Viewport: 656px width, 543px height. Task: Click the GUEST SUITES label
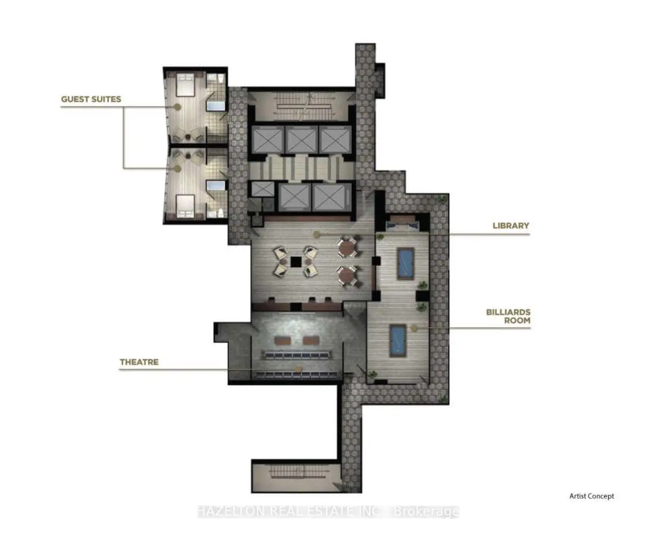tap(91, 99)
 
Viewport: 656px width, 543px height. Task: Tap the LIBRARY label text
tap(511, 226)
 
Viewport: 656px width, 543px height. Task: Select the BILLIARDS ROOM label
tap(508, 316)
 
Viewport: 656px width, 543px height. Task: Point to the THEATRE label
tap(139, 362)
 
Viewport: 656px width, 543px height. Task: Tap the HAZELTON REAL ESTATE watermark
tap(328, 511)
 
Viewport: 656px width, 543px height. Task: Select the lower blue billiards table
tap(398, 341)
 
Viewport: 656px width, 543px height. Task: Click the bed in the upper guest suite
tap(186, 84)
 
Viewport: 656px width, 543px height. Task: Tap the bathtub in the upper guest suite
tap(216, 105)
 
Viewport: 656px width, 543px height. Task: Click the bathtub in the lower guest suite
tap(216, 186)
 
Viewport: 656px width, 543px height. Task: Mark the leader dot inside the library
tap(316, 234)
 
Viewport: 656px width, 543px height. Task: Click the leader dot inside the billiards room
tap(413, 328)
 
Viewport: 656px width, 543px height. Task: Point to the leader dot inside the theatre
tap(298, 369)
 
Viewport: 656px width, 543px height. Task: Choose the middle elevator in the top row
tap(301, 140)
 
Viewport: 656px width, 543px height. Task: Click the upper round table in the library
tap(346, 247)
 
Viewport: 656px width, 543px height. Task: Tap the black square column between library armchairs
tap(295, 261)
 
